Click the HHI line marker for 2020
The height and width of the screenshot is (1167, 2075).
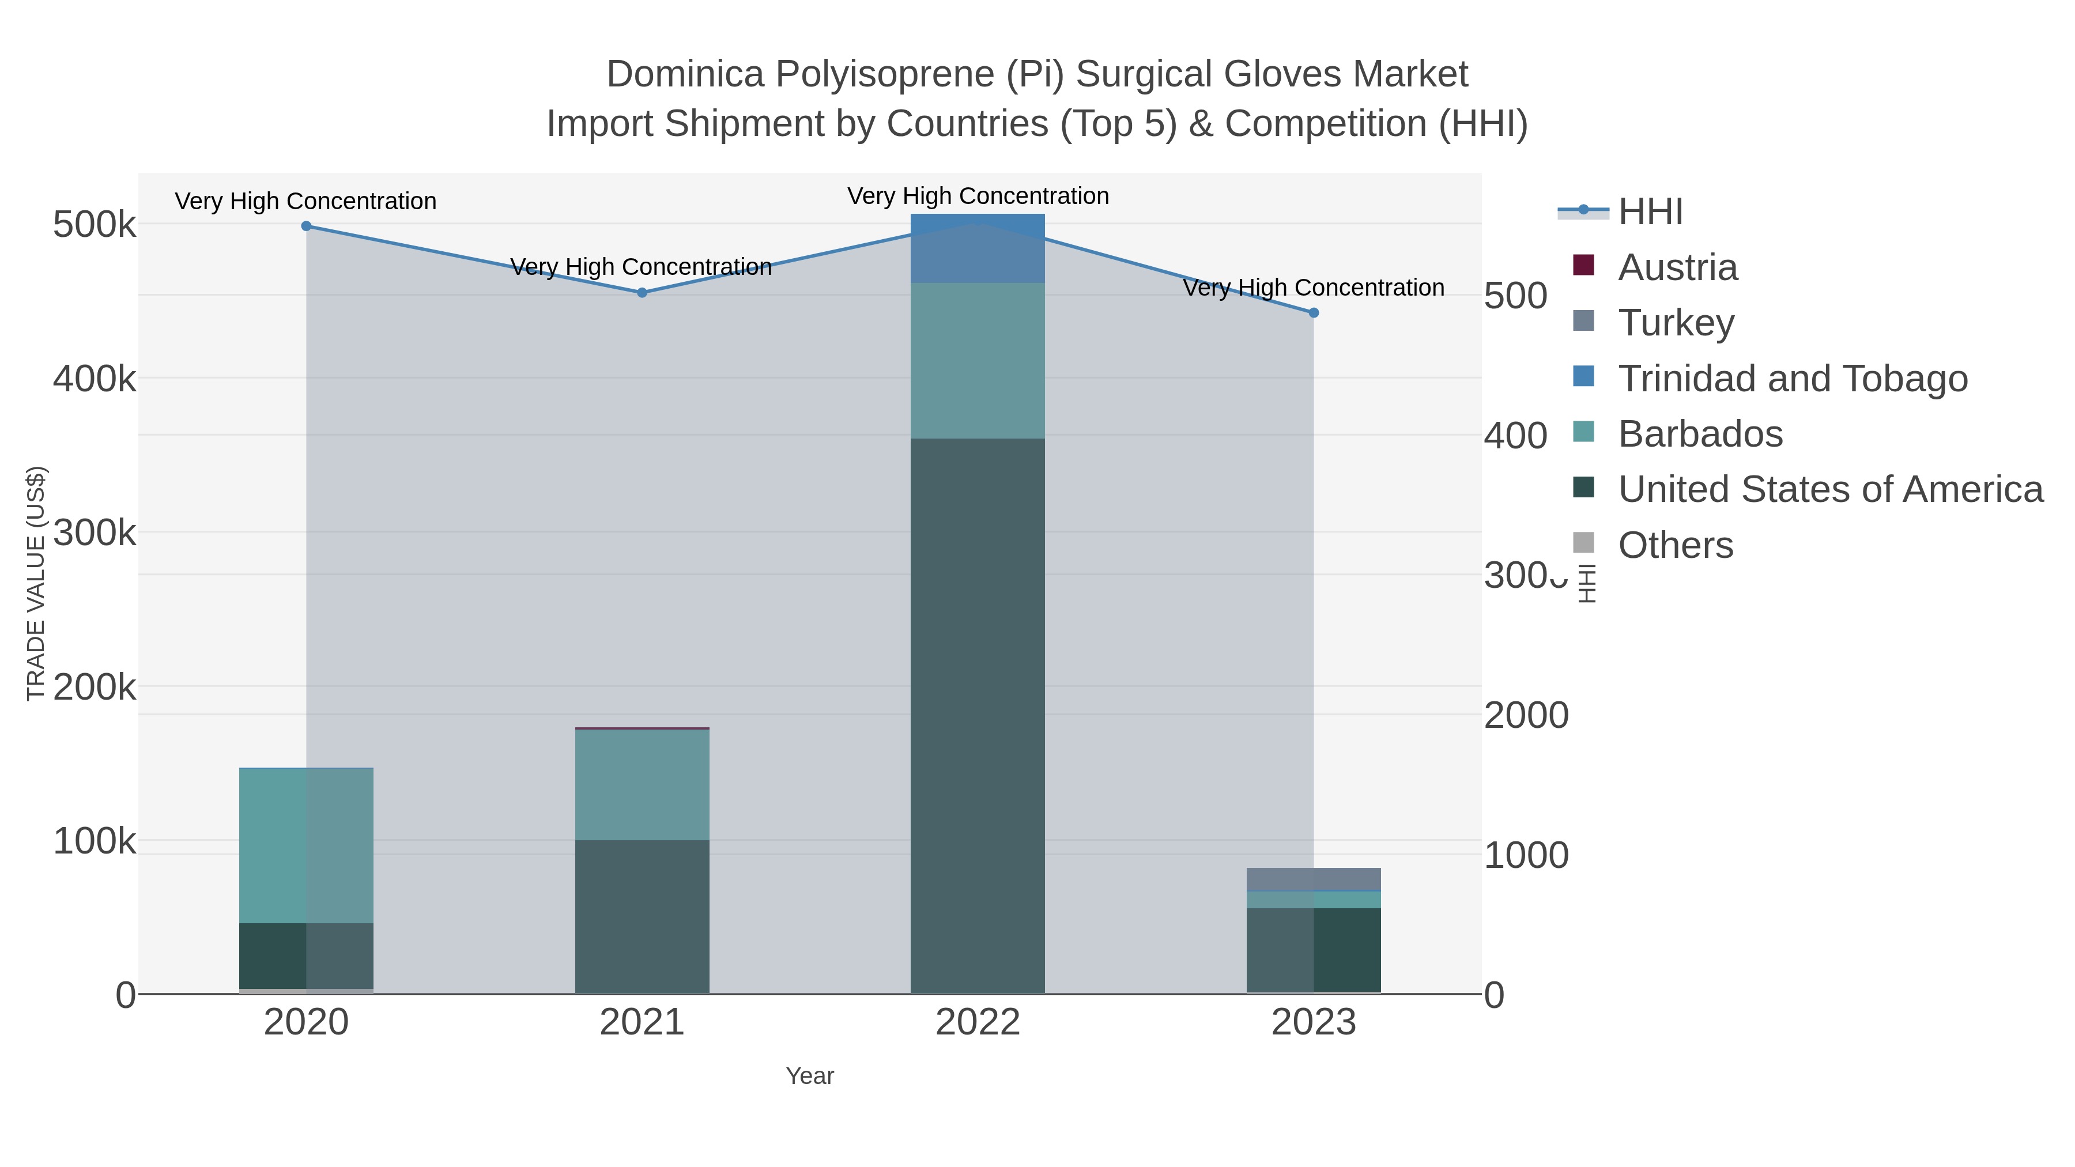pyautogui.click(x=306, y=226)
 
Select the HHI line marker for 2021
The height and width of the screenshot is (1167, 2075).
pyautogui.click(x=642, y=293)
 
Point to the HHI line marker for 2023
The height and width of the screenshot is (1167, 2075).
pyautogui.click(x=1314, y=312)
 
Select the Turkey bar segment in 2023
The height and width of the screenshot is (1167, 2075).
pyautogui.click(x=1313, y=879)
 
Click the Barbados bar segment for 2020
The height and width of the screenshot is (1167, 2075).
pyautogui.click(x=306, y=845)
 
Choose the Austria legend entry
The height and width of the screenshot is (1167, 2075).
pyautogui.click(x=1677, y=267)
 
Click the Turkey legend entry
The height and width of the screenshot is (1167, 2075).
pyautogui.click(x=1676, y=323)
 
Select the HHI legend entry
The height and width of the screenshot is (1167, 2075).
pyautogui.click(x=1650, y=212)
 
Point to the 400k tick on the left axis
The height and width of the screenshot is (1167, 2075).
pyautogui.click(x=95, y=379)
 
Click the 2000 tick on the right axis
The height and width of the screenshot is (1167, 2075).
pyautogui.click(x=1526, y=715)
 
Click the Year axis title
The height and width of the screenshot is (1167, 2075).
pyautogui.click(x=810, y=1076)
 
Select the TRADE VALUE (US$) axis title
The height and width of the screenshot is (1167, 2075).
pyautogui.click(x=36, y=583)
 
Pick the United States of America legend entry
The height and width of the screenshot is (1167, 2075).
pyautogui.click(x=1830, y=490)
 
